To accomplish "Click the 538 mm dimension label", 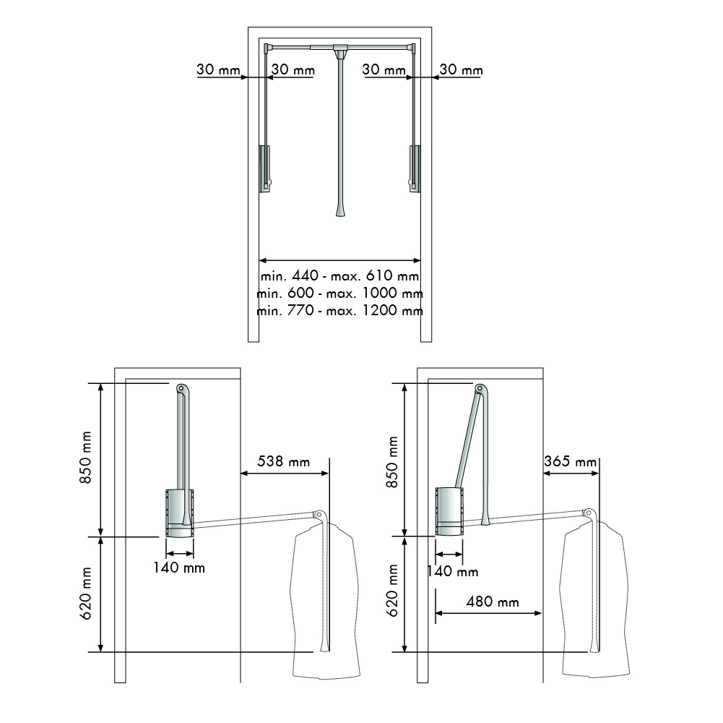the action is (x=283, y=461).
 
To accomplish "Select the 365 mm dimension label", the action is (x=570, y=461).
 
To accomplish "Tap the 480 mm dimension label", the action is (x=493, y=602).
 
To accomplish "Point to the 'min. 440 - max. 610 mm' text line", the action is (x=339, y=276).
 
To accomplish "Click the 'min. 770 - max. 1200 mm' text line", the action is (x=339, y=310).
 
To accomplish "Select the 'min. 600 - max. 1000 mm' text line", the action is (x=339, y=293).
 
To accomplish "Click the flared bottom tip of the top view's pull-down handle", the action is (x=340, y=211).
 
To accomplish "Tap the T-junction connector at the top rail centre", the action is (x=340, y=50).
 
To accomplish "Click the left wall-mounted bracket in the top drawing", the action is (x=264, y=168).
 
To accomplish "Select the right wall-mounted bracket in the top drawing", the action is (x=415, y=168).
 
